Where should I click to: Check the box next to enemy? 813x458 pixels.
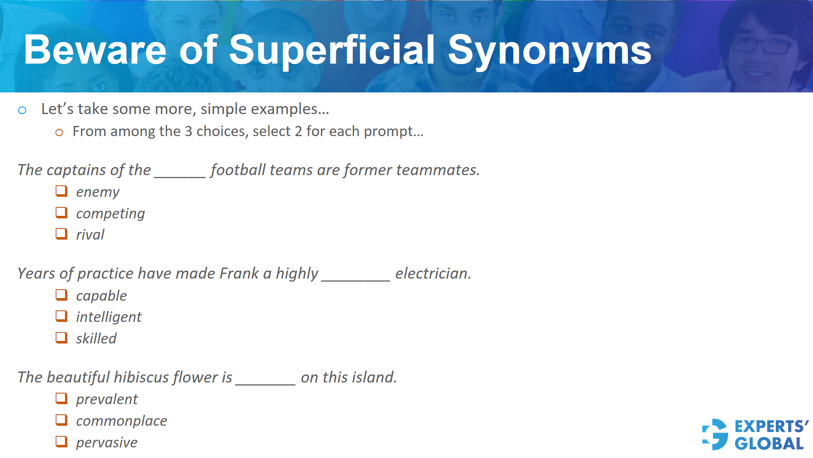tap(61, 191)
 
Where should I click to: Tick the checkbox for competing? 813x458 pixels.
tap(61, 212)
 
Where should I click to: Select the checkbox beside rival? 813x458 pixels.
tap(61, 234)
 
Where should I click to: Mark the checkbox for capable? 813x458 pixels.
tap(61, 295)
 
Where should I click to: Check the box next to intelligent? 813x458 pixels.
tap(61, 316)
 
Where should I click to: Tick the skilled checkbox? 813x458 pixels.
tap(61, 338)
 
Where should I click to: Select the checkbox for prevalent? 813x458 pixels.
tap(61, 398)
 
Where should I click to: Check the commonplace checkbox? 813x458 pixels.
tap(61, 420)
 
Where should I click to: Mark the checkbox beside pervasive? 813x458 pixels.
tap(61, 441)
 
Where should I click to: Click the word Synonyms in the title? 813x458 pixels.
tap(549, 51)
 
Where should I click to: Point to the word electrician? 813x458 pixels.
tap(433, 274)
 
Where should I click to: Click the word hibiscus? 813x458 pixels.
tap(141, 377)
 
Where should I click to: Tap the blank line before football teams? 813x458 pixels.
tap(180, 175)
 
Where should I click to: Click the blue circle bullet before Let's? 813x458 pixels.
tap(22, 111)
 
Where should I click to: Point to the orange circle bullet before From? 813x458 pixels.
tap(59, 133)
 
